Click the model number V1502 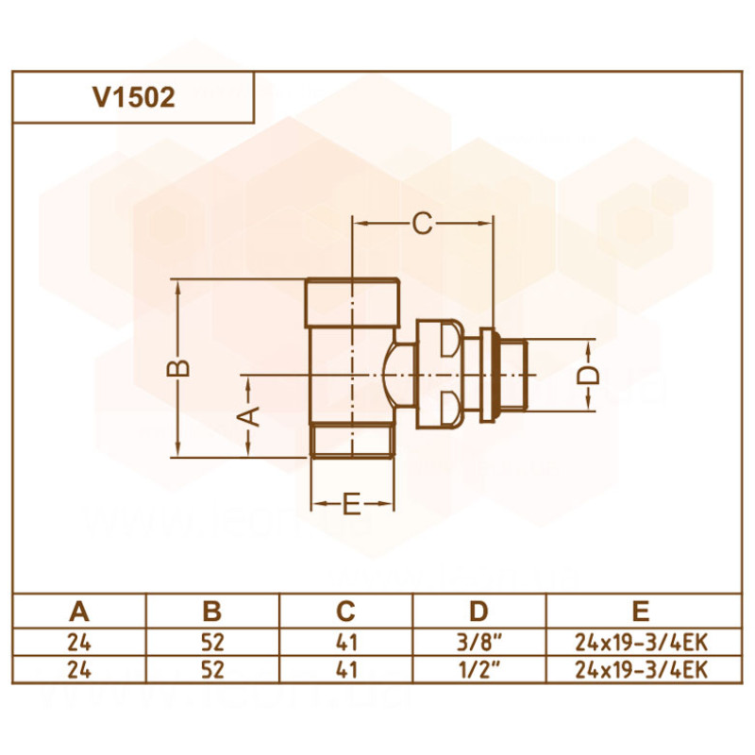[x=133, y=98]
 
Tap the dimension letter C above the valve [x=422, y=224]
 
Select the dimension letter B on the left [x=185, y=367]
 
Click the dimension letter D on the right [x=588, y=375]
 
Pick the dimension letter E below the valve [x=351, y=506]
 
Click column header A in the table [x=79, y=611]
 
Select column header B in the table [x=212, y=611]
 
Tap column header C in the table [x=346, y=611]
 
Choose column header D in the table [x=480, y=611]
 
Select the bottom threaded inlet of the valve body [x=352, y=441]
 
